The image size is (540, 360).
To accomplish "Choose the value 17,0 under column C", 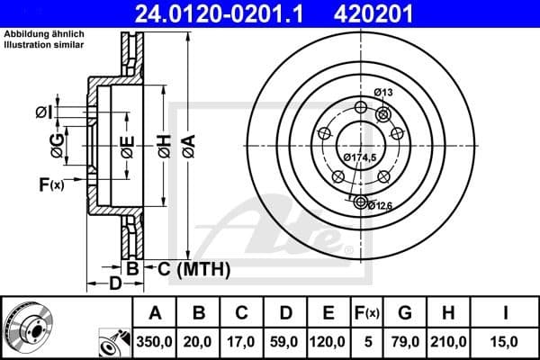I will coord(242,341).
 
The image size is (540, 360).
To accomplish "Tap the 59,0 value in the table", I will coord(285,341).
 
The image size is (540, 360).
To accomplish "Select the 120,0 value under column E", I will coord(328,341).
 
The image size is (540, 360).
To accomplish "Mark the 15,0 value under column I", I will coord(506,341).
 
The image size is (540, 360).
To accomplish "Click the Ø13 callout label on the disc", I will coord(384,93).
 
